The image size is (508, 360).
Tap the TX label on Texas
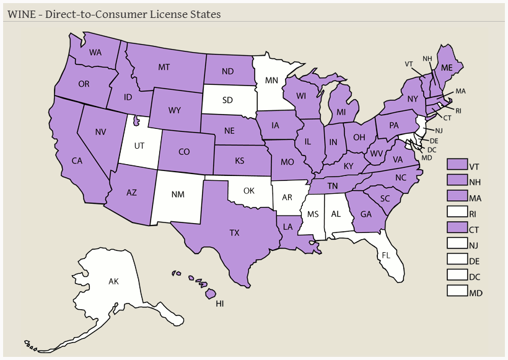click(234, 233)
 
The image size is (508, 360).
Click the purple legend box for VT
click(457, 164)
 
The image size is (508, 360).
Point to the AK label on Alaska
click(113, 281)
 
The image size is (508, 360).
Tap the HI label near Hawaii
click(219, 304)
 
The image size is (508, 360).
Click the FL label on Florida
click(386, 255)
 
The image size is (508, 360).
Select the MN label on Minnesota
click(271, 80)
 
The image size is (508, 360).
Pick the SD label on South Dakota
click(228, 99)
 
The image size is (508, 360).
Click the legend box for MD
click(457, 292)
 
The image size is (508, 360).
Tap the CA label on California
click(77, 160)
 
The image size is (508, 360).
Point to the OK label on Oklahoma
click(248, 190)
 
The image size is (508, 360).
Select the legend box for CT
click(457, 228)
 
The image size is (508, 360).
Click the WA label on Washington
click(95, 53)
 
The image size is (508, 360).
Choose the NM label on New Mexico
click(178, 195)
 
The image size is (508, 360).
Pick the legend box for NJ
click(457, 244)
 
